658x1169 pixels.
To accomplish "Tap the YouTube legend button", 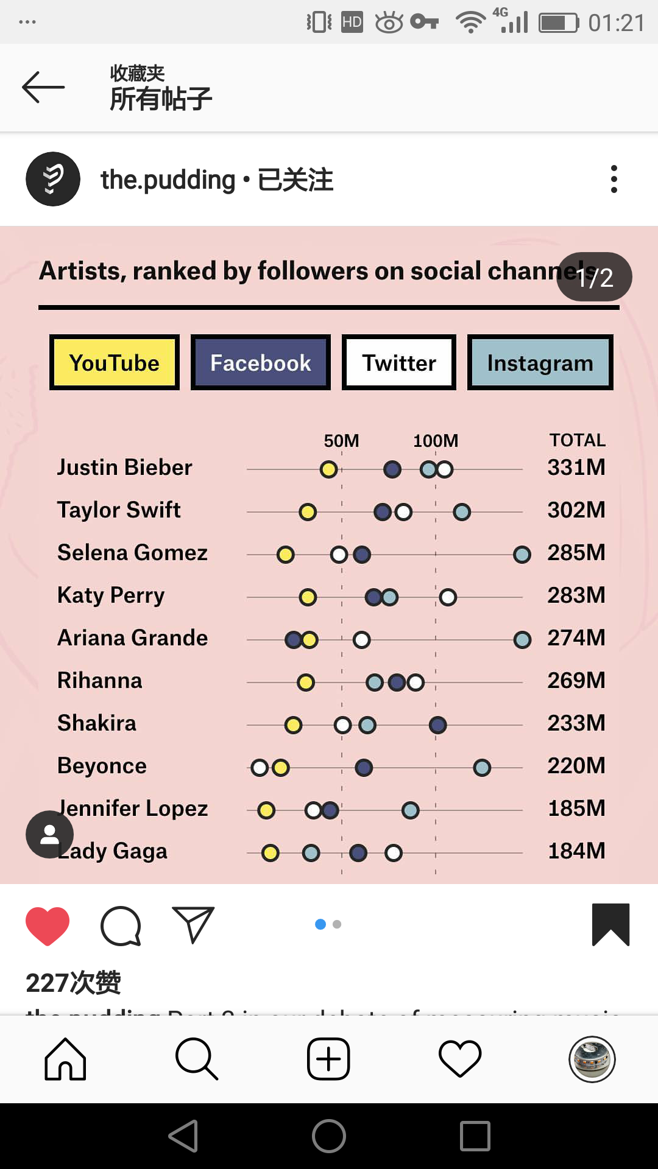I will coord(115,362).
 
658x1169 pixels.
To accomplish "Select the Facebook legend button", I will coord(261,362).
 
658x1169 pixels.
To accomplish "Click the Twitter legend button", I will coord(399,362).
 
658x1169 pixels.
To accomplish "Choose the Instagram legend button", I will coord(540,362).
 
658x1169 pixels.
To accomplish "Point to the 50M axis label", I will coord(341,440).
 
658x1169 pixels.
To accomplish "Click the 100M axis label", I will coord(436,440).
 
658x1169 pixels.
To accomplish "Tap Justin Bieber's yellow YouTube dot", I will coord(329,469).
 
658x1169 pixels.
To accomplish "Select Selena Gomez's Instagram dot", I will coord(522,555).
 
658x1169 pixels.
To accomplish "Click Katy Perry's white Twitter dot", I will coord(448,597).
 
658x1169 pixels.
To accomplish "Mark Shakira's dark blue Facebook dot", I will coord(437,725).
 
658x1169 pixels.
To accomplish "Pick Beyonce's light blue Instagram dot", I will coord(482,768).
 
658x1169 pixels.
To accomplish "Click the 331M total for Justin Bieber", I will coord(576,468).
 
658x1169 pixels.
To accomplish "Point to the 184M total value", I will coord(576,851).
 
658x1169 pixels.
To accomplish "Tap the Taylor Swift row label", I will coord(119,510).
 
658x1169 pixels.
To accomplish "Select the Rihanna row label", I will coord(100,680).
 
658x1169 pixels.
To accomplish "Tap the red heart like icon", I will coord(48,925).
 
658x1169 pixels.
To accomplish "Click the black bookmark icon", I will coord(610,924).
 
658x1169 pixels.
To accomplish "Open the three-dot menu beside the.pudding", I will coord(614,179).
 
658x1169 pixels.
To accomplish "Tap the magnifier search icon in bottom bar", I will coord(196,1059).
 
